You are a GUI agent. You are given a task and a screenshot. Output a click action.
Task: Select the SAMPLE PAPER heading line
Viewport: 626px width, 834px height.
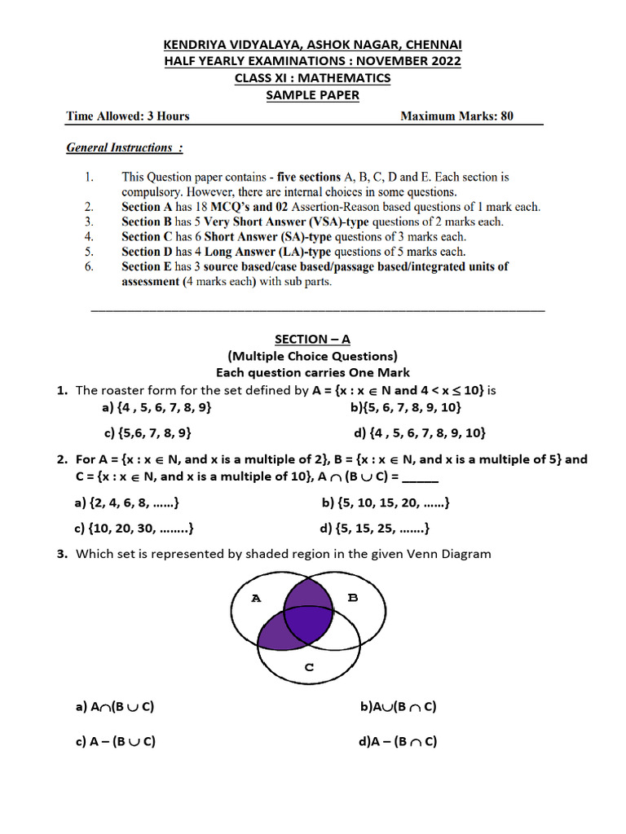[313, 95]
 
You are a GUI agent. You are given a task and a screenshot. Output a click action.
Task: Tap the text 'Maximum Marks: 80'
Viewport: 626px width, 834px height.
[456, 116]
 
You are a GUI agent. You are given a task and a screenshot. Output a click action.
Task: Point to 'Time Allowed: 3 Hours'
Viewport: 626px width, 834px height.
[127, 116]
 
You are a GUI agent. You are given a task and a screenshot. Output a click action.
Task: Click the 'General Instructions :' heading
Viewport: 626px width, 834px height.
[124, 148]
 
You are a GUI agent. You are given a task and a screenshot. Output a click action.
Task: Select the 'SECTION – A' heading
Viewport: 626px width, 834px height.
[312, 339]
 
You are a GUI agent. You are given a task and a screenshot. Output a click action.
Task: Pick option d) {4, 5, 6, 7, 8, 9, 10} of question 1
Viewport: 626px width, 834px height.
[419, 433]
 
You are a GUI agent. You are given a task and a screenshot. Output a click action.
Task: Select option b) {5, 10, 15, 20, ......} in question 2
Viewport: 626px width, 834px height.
[386, 503]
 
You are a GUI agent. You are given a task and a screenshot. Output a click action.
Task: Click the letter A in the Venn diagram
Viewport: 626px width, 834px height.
[256, 598]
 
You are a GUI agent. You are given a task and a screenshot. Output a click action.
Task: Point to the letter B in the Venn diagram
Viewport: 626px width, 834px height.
[353, 598]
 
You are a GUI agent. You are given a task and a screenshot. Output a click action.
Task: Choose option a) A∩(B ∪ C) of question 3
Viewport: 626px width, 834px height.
[114, 707]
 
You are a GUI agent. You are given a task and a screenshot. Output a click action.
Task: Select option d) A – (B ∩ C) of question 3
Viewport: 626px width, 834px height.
[398, 742]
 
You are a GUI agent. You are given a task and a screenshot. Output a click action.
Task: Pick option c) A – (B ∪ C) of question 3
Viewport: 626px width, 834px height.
[115, 742]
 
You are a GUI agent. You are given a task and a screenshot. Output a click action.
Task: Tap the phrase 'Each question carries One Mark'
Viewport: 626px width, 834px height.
[312, 372]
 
